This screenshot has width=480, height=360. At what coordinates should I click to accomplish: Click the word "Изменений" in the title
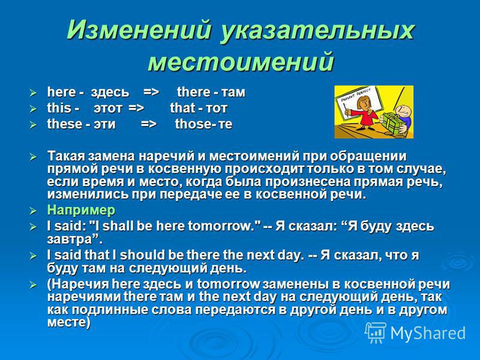click(x=139, y=29)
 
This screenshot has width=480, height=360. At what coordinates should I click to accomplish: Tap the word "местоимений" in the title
click(x=241, y=61)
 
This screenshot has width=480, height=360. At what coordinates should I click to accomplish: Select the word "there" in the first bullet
click(x=193, y=92)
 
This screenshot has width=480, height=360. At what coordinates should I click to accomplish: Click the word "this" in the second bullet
click(x=59, y=108)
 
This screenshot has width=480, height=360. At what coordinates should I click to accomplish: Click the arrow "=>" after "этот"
click(x=136, y=108)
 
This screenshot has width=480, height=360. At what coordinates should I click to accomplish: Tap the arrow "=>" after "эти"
click(x=149, y=124)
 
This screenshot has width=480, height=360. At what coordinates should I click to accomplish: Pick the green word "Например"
click(x=81, y=211)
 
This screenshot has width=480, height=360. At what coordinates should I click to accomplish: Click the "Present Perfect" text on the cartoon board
click(x=354, y=95)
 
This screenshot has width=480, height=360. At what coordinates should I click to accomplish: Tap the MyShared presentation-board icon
click(x=376, y=332)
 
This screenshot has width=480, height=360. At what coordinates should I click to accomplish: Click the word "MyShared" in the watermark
click(x=428, y=333)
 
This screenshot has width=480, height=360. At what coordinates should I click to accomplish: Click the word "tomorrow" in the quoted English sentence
click(x=224, y=226)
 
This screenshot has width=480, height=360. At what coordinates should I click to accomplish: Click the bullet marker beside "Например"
click(x=33, y=211)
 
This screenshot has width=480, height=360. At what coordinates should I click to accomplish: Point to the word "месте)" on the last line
click(x=69, y=323)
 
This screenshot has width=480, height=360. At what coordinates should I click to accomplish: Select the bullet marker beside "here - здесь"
click(x=33, y=92)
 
